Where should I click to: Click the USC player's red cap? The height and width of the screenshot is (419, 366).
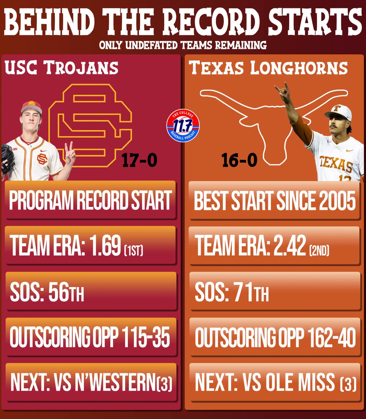tap(31, 107)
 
